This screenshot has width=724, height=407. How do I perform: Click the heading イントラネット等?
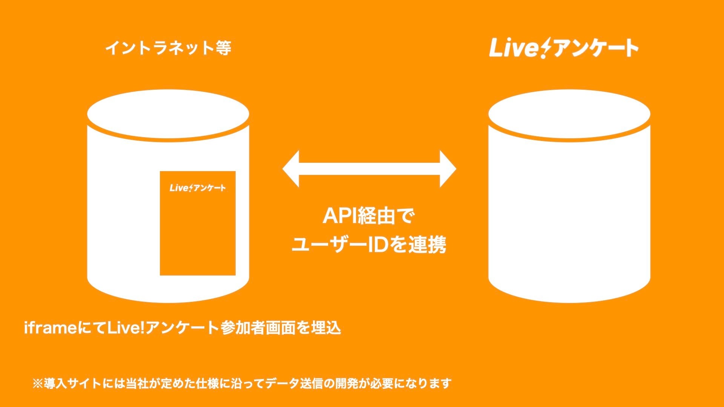pos(168,48)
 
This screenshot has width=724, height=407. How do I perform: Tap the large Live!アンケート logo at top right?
pos(564,48)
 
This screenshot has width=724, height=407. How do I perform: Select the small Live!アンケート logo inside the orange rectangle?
pos(198,188)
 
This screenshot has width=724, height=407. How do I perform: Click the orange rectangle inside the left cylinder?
pos(198,234)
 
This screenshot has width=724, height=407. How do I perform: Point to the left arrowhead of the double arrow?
pos(291,169)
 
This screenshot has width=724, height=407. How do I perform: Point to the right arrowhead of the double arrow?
pos(448,169)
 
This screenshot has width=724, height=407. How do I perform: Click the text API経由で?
pos(368,216)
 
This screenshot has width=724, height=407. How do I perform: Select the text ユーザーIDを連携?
pos(368,245)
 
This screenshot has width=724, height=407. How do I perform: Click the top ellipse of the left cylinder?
pos(168,113)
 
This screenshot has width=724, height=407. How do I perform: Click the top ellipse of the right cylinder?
pos(569,113)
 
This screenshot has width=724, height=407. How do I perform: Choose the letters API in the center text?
pos(340,216)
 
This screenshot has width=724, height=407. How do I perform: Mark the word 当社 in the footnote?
pos(137,384)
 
